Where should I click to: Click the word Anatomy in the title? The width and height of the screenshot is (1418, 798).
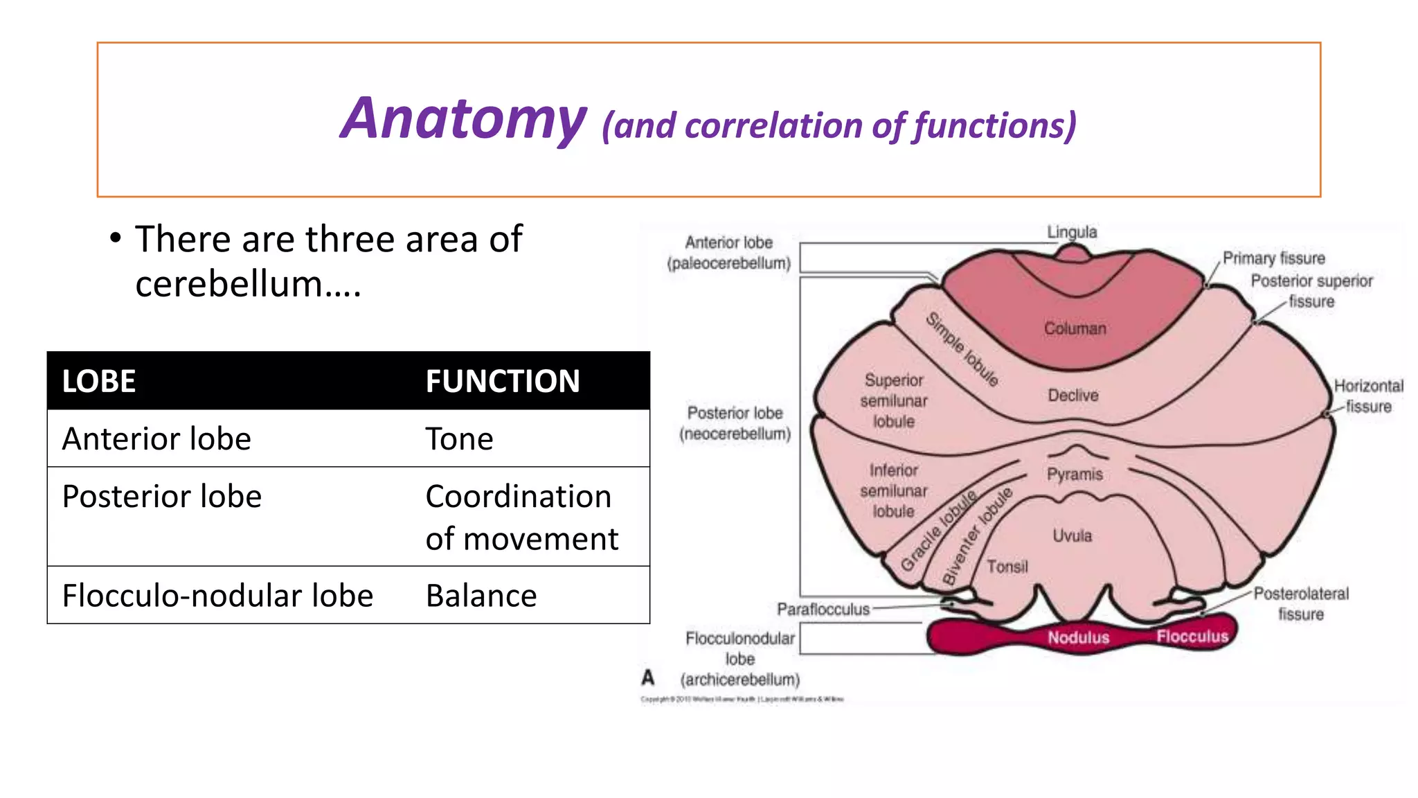463,119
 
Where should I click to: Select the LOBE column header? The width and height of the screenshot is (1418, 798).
99,382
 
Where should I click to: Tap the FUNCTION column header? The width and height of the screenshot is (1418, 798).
502,382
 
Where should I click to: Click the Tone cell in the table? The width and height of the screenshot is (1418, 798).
459,439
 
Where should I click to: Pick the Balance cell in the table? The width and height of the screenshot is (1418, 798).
481,596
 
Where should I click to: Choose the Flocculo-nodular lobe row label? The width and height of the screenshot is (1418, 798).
217,596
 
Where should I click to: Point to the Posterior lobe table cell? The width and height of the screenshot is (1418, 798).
162,497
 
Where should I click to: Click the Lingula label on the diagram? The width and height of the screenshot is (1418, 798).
1071,232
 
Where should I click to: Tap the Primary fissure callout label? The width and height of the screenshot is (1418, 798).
1273,258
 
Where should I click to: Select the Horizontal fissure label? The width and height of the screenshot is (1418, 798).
1368,396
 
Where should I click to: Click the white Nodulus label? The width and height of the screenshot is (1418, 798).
1078,637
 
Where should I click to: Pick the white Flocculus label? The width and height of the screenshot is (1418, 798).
1192,636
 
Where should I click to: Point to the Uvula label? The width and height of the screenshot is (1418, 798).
1072,535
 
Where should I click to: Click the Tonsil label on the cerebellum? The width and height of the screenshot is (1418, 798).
1007,567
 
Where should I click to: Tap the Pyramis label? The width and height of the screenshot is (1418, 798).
1074,475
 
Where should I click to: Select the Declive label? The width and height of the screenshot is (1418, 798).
1073,396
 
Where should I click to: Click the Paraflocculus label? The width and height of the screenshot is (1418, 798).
823,610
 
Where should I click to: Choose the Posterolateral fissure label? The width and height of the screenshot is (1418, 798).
1300,603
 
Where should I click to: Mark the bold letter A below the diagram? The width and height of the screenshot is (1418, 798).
648,677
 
